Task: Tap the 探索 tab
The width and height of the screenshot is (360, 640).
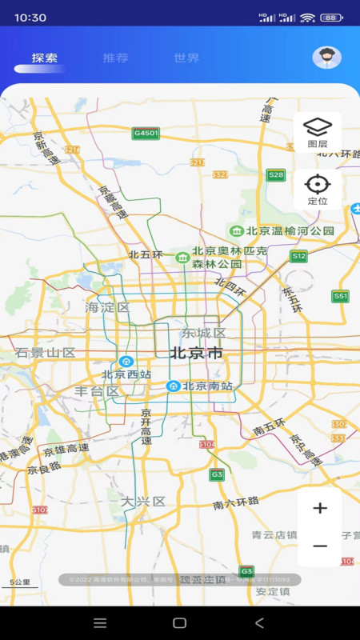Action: coord(45,58)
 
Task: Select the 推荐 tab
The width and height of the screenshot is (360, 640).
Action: coord(115,58)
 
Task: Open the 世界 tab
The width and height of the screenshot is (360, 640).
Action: coord(186,58)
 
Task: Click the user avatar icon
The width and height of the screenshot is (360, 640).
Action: coord(326,57)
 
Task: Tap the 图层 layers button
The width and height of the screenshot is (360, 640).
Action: coord(318,132)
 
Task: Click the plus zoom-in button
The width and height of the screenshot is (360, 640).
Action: coord(320,508)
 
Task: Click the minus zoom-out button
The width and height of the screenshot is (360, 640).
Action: coord(320,546)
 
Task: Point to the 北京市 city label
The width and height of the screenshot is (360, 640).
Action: coord(196,353)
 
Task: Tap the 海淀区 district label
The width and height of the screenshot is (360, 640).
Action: coord(107,307)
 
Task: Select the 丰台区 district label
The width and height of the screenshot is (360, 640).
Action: coord(97,391)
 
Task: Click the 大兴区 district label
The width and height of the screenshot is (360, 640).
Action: coord(143,502)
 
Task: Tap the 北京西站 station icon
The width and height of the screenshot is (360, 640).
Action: coord(126,362)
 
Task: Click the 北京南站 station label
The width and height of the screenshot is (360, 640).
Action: coord(207,386)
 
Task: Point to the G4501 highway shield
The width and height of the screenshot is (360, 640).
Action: coord(146,133)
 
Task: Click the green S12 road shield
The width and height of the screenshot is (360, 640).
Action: coord(298,256)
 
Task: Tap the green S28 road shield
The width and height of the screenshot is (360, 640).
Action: coord(276,174)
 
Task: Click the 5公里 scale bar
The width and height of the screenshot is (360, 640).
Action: coord(19,583)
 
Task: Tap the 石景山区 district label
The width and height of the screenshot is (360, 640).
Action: coord(45,353)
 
